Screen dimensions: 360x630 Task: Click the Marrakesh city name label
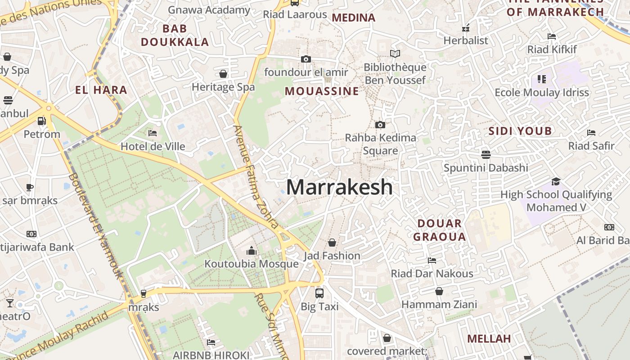click(x=339, y=187)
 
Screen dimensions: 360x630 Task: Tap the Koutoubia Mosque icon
click(x=252, y=251)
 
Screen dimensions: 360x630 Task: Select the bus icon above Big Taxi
click(x=319, y=293)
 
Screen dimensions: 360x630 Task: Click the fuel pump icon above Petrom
click(x=41, y=121)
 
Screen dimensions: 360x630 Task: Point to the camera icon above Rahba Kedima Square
click(x=380, y=125)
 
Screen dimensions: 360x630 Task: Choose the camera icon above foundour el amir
click(x=306, y=59)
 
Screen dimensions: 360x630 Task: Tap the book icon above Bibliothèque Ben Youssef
click(x=395, y=54)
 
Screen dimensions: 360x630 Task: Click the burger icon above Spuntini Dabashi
click(x=486, y=155)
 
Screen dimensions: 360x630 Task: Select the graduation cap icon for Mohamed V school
click(x=556, y=181)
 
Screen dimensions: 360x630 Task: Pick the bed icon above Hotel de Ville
click(x=153, y=133)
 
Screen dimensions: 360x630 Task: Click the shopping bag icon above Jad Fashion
click(x=332, y=243)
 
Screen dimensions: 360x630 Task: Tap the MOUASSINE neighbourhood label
click(x=322, y=91)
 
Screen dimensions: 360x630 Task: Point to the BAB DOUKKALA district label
click(x=175, y=36)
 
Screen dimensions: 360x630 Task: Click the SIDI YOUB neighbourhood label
click(x=520, y=131)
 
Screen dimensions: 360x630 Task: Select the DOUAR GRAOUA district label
click(x=439, y=230)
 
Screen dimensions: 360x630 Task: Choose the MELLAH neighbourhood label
click(x=489, y=338)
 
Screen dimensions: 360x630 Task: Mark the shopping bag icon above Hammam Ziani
click(x=439, y=291)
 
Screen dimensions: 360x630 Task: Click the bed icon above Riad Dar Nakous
click(x=432, y=260)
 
